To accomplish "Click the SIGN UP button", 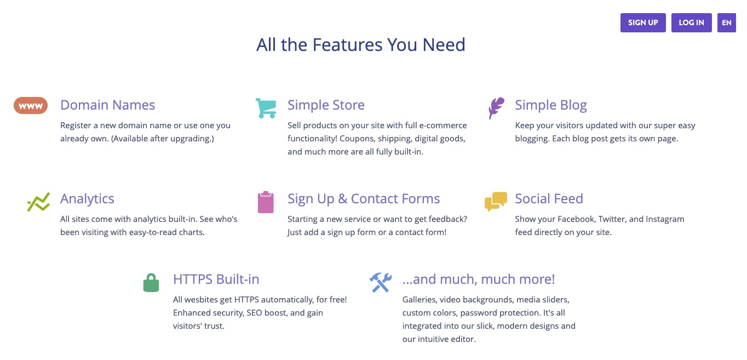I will pos(643,22).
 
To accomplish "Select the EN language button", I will pos(726,22).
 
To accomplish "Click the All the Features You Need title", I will pos(361,44).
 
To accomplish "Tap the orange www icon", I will pos(31,106).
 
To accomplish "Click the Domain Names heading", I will pos(107,105).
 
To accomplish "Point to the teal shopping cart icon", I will pos(266,108).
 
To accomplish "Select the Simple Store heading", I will pos(326,105).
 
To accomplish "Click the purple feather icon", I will pos(496,107).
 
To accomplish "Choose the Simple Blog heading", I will pos(550,105).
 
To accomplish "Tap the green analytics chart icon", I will pos(38,202).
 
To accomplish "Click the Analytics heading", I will pos(87,199).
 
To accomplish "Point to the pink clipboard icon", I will pos(266,202).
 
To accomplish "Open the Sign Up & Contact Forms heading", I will pos(364,199).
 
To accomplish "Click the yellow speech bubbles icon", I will pos(496,201).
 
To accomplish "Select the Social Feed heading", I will pos(549,199).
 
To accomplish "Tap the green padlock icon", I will pos(151,283).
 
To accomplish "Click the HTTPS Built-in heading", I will pos(216,279).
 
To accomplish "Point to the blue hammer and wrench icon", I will pos(381,282).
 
